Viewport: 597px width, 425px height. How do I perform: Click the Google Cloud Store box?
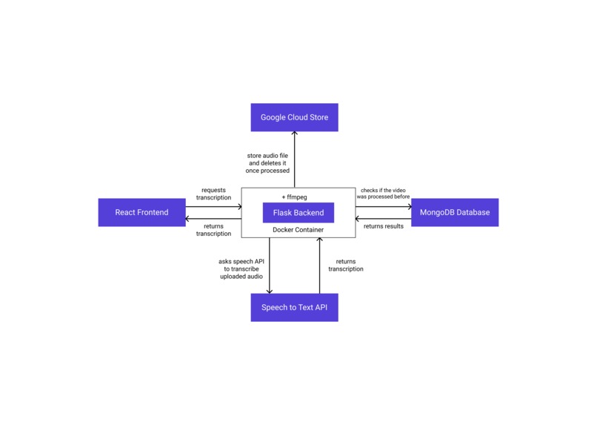(294, 117)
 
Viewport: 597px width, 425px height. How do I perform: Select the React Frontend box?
(141, 212)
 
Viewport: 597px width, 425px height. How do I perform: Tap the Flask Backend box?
(298, 212)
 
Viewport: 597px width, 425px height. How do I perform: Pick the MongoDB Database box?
(455, 212)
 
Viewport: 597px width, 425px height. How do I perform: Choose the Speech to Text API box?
(294, 307)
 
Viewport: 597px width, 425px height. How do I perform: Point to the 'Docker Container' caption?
(298, 230)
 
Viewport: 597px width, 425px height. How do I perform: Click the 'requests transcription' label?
(213, 194)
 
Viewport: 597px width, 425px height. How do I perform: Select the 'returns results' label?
(384, 225)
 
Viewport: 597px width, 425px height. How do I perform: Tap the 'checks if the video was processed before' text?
(384, 194)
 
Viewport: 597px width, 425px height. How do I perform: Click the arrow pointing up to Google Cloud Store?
(294, 159)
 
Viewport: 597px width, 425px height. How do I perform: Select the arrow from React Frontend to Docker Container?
(213, 205)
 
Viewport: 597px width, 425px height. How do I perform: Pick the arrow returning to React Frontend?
(213, 219)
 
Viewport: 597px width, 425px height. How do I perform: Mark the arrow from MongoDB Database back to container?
(384, 219)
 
